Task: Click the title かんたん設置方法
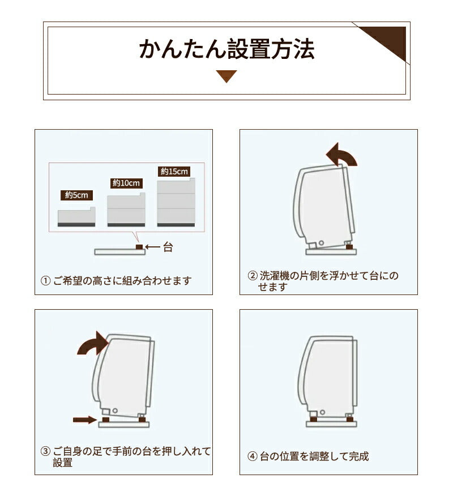point(226,49)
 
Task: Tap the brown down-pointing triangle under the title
point(226,76)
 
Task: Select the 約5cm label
point(76,195)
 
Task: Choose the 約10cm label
point(126,183)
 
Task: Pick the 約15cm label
point(174,171)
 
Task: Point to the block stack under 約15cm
point(176,203)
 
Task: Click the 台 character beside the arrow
point(168,247)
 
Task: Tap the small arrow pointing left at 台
point(153,247)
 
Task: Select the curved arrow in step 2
point(342,155)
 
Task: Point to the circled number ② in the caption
point(253,276)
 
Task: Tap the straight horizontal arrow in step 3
point(84,420)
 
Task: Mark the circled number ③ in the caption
point(46,452)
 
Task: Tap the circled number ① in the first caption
point(46,281)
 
